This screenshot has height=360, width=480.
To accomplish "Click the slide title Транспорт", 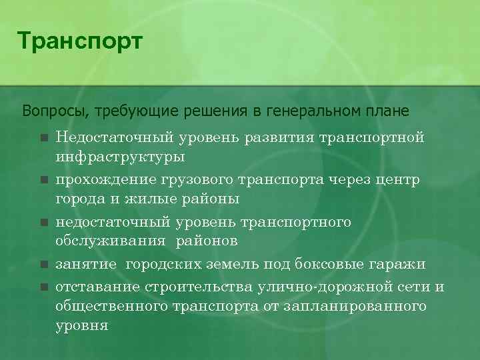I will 80,41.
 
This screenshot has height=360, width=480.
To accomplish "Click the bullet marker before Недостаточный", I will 44,138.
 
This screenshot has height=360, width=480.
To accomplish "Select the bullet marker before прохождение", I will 44,179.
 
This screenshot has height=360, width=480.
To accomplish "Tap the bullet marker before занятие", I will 44,265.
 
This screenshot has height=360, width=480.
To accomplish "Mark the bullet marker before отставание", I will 44,287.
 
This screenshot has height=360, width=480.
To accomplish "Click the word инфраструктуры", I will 121,158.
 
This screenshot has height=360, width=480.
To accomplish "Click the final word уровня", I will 82,327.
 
